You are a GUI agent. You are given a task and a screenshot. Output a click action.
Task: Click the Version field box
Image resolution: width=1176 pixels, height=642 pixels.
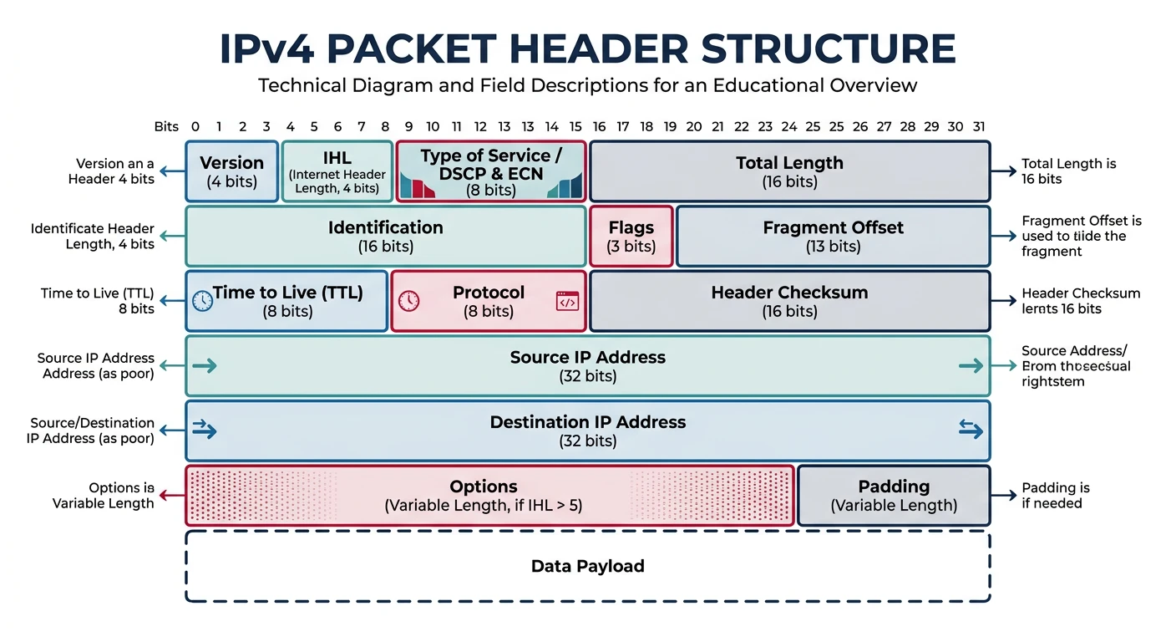(x=231, y=171)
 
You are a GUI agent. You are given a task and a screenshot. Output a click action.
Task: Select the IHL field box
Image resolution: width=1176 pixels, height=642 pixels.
(x=337, y=171)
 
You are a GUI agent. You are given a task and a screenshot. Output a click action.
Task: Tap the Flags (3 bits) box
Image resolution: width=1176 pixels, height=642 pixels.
(x=631, y=237)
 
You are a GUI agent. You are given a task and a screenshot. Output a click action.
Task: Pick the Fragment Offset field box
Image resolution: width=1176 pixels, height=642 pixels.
(x=833, y=237)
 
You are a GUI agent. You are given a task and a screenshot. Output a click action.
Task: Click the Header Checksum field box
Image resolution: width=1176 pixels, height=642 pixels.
(x=789, y=301)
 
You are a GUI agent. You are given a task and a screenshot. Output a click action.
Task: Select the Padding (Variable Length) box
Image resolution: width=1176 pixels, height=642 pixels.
(x=894, y=495)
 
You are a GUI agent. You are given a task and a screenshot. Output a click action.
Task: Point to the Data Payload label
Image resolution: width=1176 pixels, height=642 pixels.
(x=587, y=566)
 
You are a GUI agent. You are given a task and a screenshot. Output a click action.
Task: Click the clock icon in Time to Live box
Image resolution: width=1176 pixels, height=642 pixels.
(x=202, y=301)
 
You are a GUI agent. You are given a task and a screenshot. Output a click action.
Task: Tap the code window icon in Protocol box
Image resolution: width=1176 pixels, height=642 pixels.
(x=567, y=301)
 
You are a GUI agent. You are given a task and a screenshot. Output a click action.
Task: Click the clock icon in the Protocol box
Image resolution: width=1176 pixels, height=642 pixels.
(x=408, y=301)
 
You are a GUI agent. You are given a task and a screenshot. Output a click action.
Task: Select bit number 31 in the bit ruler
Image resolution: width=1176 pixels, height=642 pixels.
(x=979, y=127)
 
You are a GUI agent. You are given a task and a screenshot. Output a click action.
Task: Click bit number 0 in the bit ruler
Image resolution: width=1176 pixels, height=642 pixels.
(x=195, y=127)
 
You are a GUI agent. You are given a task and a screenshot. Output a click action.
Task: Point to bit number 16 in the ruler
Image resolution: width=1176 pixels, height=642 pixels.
(x=599, y=127)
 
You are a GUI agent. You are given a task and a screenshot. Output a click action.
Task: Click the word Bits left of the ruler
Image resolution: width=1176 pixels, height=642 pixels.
(x=166, y=127)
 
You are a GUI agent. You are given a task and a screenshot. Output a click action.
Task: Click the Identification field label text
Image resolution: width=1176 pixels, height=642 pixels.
(x=385, y=227)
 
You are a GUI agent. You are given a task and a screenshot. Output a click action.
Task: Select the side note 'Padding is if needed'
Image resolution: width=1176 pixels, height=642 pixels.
(x=1055, y=495)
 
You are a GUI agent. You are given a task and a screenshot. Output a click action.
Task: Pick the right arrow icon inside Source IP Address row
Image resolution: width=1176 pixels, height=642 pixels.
(x=971, y=365)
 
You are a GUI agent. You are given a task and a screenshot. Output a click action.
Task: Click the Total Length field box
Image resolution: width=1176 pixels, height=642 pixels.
(x=789, y=171)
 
